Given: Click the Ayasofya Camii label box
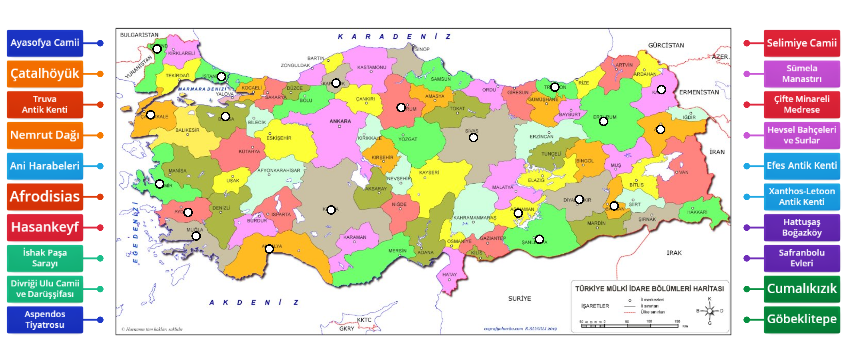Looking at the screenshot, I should pos(44,44).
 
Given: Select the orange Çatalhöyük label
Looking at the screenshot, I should pos(44,74).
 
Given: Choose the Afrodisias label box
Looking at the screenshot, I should pos(44,196).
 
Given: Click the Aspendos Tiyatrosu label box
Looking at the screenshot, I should pos(44,319).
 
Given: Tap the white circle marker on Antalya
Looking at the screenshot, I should pos(267,248).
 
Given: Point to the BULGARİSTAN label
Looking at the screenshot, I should pos(140,34).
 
